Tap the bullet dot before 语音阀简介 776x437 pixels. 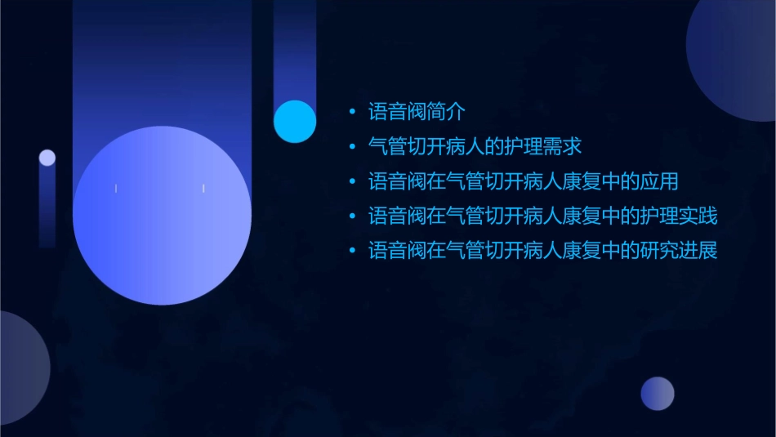point(352,112)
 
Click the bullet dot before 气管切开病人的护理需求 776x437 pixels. point(352,147)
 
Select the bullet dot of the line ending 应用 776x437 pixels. point(352,182)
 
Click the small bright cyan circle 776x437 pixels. point(295,121)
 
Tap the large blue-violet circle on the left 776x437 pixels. point(162,216)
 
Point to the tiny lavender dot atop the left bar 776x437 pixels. point(47,158)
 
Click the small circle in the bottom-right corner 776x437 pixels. point(658,394)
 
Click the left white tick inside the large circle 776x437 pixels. point(116,189)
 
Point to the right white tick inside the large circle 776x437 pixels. point(203,189)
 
